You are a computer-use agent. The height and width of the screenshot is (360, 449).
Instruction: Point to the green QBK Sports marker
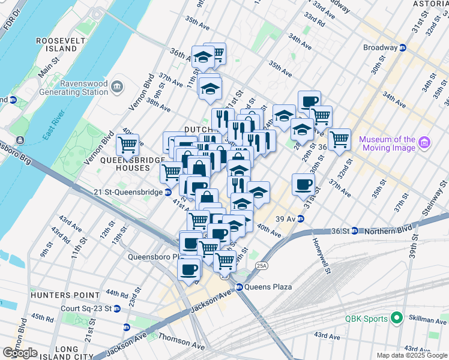pyautogui.click(x=396, y=318)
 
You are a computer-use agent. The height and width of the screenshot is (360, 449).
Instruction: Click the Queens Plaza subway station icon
pyautogui.click(x=239, y=287)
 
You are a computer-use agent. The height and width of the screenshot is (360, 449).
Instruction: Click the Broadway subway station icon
pyautogui.click(x=403, y=47)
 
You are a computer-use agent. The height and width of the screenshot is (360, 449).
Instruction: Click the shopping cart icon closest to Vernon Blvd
pyautogui.click(x=127, y=144)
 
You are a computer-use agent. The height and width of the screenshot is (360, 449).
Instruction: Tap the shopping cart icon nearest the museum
pyautogui.click(x=339, y=139)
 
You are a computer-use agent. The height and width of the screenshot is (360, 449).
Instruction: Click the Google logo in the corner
pyautogui.click(x=20, y=352)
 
